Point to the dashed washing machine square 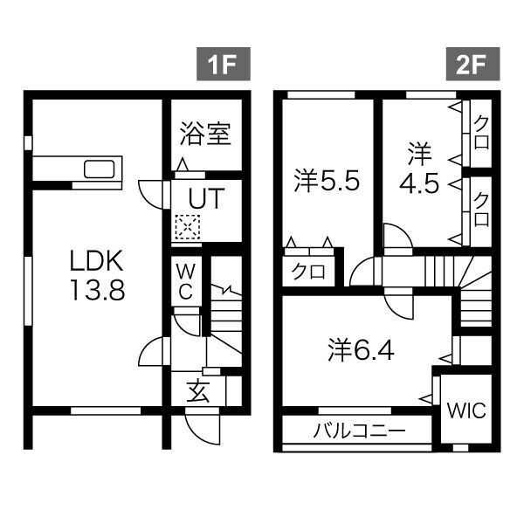coord(185,228)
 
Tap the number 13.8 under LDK coord(98,291)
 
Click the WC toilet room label coord(186,280)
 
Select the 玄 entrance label coord(198,391)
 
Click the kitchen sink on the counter coord(100,169)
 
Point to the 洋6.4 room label coord(362,350)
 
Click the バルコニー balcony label coord(358,431)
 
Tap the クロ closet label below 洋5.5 coord(307,272)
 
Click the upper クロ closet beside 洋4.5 coord(479,132)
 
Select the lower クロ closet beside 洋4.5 coord(479,207)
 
